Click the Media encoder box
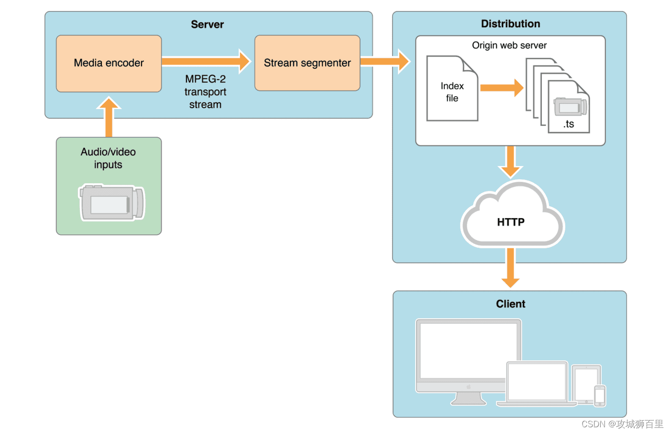pyautogui.click(x=109, y=63)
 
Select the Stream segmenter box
pyautogui.click(x=307, y=63)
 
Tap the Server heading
pyautogui.click(x=207, y=24)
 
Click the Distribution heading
pyautogui.click(x=510, y=24)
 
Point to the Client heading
pyautogui.click(x=510, y=304)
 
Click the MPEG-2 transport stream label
pyautogui.click(x=205, y=92)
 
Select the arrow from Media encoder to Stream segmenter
pyautogui.click(x=206, y=61)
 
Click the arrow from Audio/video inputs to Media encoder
pyautogui.click(x=109, y=117)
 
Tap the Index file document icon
pyautogui.click(x=452, y=89)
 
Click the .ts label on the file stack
pyautogui.click(x=568, y=124)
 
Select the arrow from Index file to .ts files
pyautogui.click(x=501, y=88)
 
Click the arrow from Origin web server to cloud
pyautogui.click(x=510, y=162)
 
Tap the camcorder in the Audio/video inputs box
pyautogui.click(x=111, y=203)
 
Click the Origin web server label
pyautogui.click(x=509, y=45)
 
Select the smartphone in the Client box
pyautogui.click(x=600, y=396)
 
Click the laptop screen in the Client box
pyautogui.click(x=537, y=381)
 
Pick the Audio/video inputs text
pyautogui.click(x=108, y=158)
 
